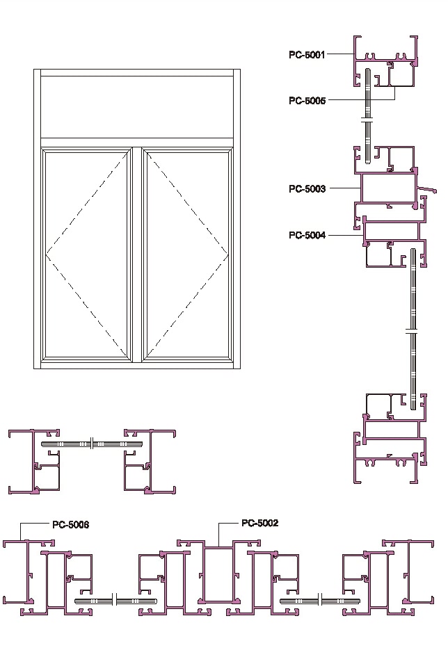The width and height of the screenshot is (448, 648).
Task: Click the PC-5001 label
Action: point(307,54)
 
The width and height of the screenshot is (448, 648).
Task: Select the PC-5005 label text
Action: point(307,100)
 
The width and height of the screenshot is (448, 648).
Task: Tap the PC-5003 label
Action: point(307,189)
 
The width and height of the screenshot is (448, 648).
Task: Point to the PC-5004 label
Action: point(307,235)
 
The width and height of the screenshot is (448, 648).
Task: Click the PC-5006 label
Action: point(71,524)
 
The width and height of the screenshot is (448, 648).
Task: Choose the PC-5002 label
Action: point(259,523)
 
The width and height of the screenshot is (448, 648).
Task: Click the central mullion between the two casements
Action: point(137,254)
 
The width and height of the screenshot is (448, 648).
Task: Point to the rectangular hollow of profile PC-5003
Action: point(389,188)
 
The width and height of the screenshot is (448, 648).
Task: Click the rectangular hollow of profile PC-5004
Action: point(392,232)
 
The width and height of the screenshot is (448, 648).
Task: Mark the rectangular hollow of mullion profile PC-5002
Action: point(218,574)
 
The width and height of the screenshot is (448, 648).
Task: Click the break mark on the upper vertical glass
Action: point(368,122)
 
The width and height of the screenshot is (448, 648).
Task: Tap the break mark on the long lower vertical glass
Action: point(413,331)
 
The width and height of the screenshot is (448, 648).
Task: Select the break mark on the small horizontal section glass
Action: point(93,444)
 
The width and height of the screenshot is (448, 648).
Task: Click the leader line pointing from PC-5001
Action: point(340,54)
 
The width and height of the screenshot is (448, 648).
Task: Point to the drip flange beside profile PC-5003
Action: point(427,190)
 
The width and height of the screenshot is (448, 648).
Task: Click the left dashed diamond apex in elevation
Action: point(46,253)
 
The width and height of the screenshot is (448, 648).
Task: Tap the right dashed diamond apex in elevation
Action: point(228,254)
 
